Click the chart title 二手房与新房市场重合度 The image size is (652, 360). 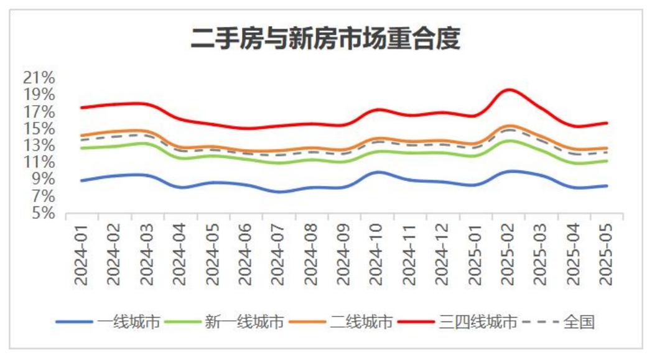325,39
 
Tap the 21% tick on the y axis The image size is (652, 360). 39,78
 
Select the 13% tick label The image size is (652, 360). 39,145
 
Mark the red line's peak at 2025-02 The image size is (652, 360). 510,90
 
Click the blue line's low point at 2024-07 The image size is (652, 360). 279,192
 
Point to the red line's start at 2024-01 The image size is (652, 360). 81,108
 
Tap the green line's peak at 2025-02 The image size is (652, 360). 510,141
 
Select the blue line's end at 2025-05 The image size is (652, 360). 607,185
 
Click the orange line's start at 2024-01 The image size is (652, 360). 81,136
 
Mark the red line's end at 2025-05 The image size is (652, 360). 607,123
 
